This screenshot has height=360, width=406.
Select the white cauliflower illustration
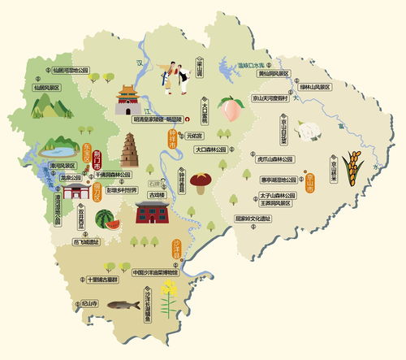click(x=305, y=130)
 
